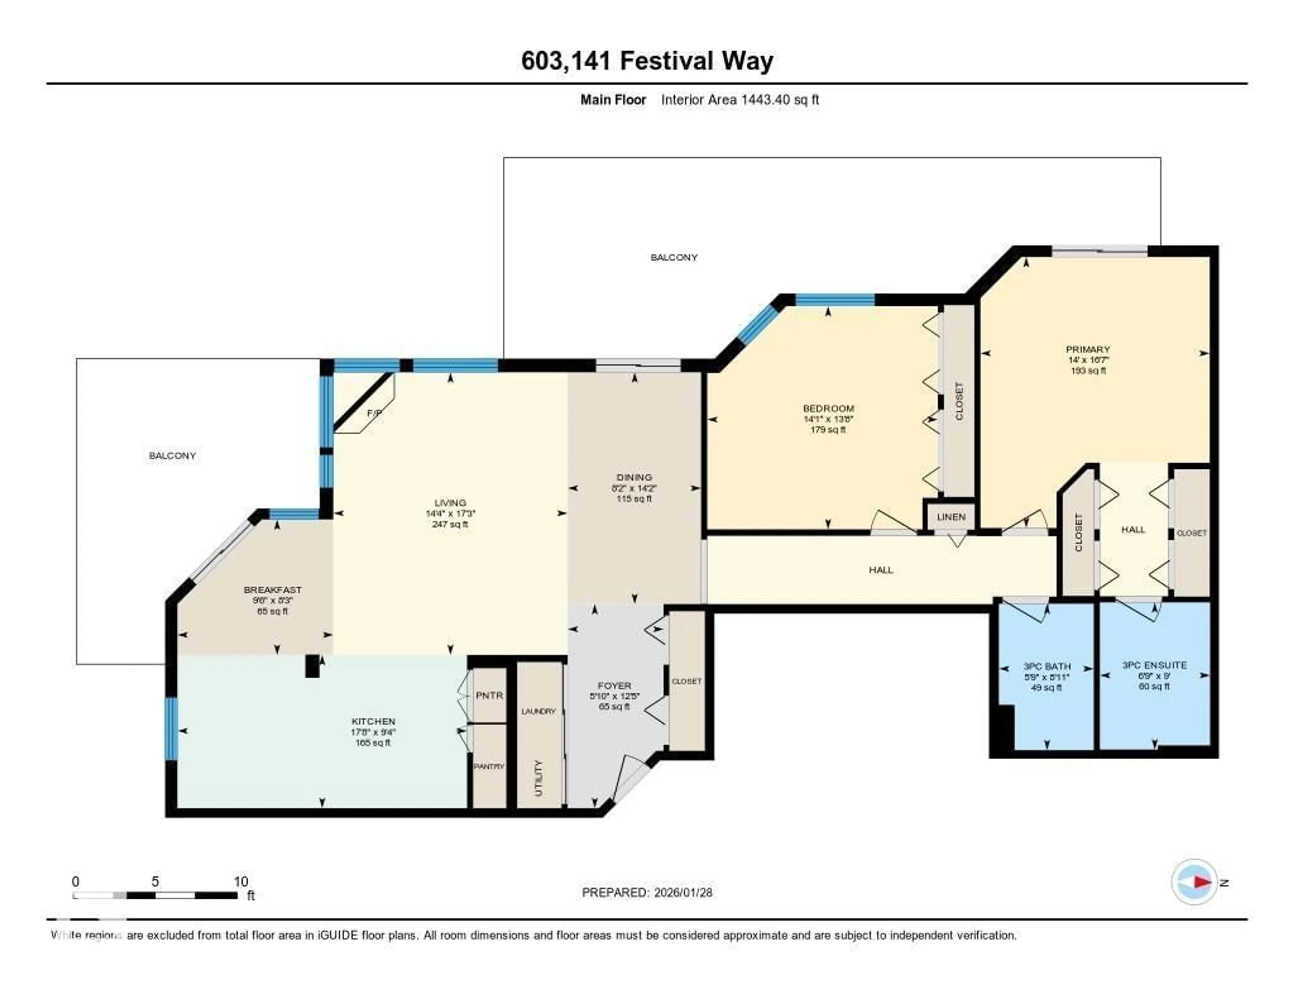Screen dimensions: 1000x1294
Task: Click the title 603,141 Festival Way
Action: pos(647,61)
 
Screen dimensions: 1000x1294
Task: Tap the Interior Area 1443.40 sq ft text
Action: pos(739,99)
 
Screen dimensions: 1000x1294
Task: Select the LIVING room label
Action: pos(450,503)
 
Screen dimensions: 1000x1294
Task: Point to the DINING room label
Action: pos(634,477)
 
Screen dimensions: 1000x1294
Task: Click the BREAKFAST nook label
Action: pos(273,590)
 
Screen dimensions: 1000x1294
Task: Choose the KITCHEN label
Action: pos(373,722)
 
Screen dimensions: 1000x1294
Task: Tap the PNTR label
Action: pos(489,695)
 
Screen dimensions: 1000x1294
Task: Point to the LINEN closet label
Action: pos(951,517)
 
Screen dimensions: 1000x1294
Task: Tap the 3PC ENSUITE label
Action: pos(1154,665)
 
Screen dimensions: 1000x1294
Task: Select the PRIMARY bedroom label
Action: pos(1088,349)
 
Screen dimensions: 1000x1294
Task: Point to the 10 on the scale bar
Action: pos(241,881)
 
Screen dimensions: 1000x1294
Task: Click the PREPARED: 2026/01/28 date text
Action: pos(647,892)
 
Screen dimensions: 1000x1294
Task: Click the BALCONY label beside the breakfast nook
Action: pos(173,455)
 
